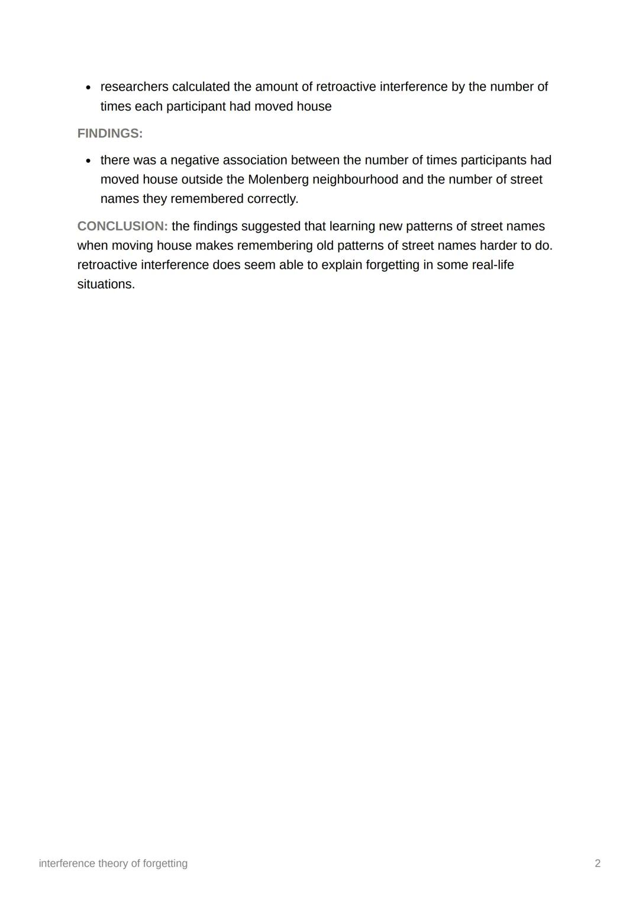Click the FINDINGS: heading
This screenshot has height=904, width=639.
coord(110,134)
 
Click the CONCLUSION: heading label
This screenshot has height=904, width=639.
coord(122,226)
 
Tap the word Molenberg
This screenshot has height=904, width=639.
coord(278,179)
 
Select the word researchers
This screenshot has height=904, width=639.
coord(134,87)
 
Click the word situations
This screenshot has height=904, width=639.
coord(106,284)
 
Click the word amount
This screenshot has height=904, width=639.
coord(276,87)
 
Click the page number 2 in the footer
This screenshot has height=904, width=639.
coord(598,863)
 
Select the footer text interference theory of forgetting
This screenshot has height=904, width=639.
coord(113,863)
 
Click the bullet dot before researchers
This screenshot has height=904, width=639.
coord(88,88)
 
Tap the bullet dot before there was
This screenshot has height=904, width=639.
coord(88,161)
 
